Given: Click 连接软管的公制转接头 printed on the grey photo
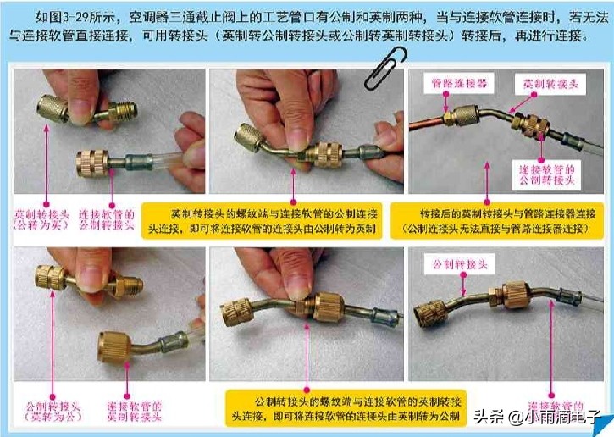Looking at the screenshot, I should (x=547, y=176).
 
